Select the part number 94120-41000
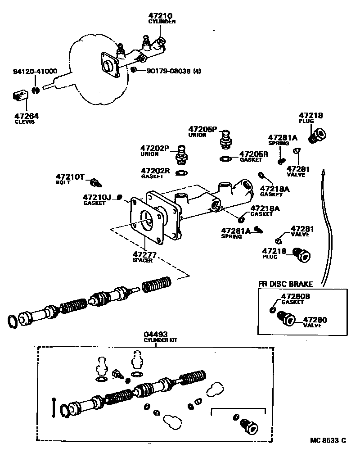(35, 71)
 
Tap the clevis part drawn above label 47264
(18, 96)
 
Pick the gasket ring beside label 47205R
(225, 158)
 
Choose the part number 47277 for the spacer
(144, 255)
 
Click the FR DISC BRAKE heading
(285, 284)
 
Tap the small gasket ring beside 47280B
(273, 309)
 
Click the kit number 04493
(156, 334)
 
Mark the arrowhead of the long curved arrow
(323, 172)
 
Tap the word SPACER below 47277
(144, 260)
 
